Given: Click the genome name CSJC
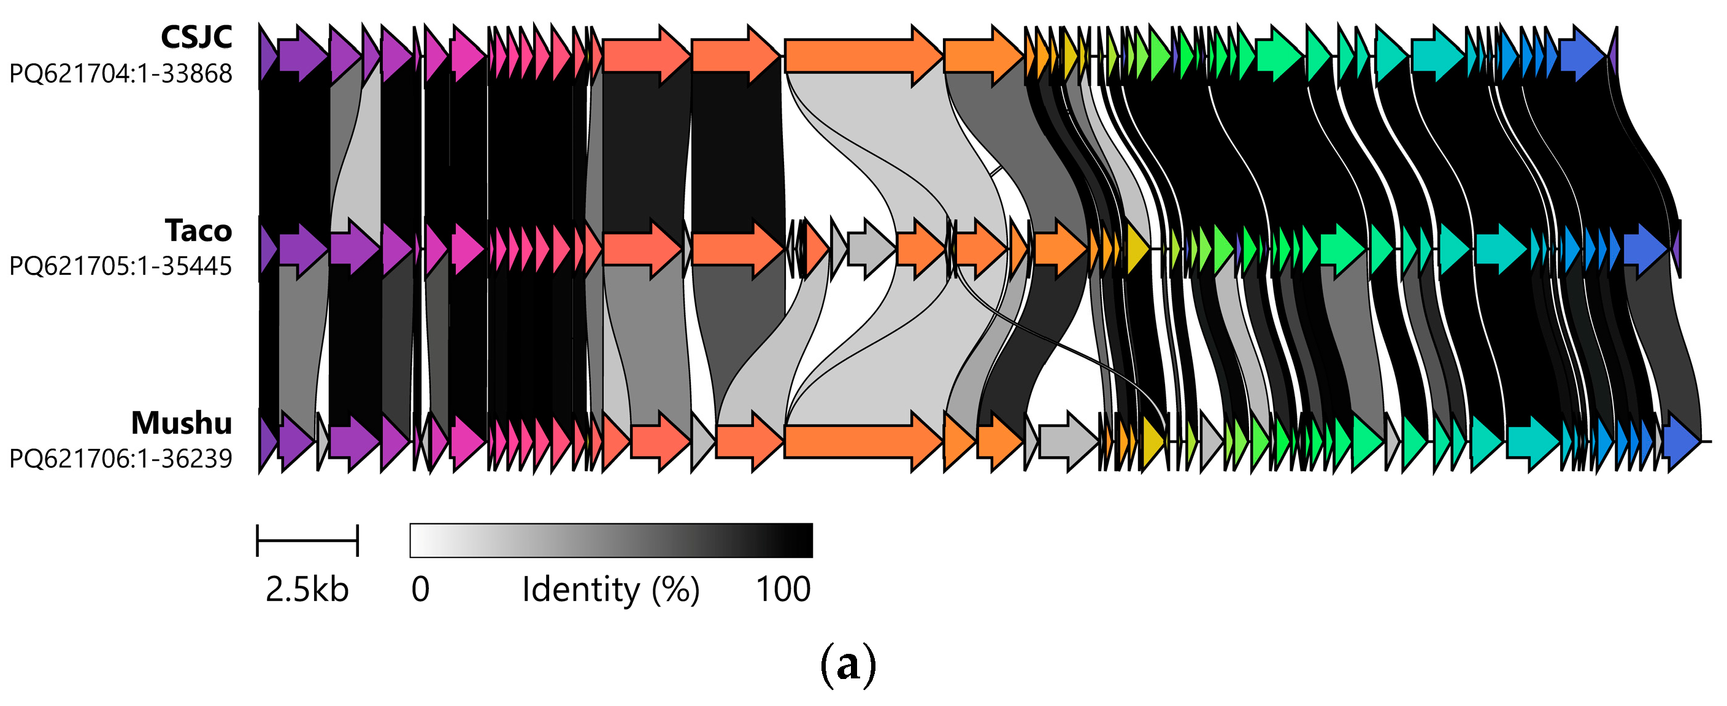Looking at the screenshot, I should point(196,37).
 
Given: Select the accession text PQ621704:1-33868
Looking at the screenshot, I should point(121,73).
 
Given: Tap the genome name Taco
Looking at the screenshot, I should point(198,231).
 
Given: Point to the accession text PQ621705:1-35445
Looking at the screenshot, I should point(121,266).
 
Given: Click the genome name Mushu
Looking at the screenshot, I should point(182,423).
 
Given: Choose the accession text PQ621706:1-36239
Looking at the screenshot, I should point(121,459).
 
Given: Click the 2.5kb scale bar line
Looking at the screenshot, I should point(307,540).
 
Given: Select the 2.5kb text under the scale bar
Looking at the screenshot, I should point(307,589).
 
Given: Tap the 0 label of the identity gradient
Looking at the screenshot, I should point(420,589).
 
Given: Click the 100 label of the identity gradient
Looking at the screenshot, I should point(783,589).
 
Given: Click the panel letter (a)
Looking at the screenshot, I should point(848,664).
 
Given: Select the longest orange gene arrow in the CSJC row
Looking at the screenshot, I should point(863,56).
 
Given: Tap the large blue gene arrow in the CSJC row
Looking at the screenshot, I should point(1582,55).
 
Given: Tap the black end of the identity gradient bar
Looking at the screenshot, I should point(801,540).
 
